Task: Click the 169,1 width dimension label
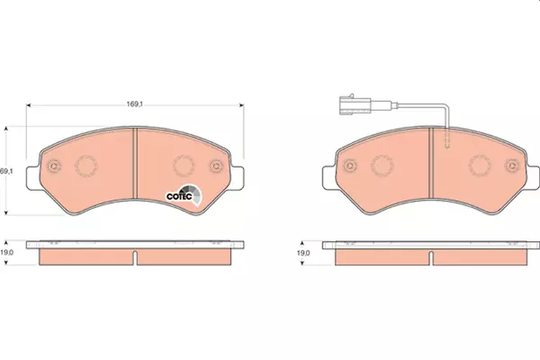[x=135, y=103]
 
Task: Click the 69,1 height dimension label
[x=6, y=170]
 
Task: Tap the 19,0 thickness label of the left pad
[x=6, y=253]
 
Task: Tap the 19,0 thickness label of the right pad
[x=303, y=253]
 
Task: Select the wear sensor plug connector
[x=355, y=104]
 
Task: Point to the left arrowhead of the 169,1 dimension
[x=29, y=104]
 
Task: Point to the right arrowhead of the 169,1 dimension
[x=241, y=104]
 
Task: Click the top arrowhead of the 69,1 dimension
[x=6, y=130]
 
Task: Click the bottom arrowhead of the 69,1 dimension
[x=6, y=212]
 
